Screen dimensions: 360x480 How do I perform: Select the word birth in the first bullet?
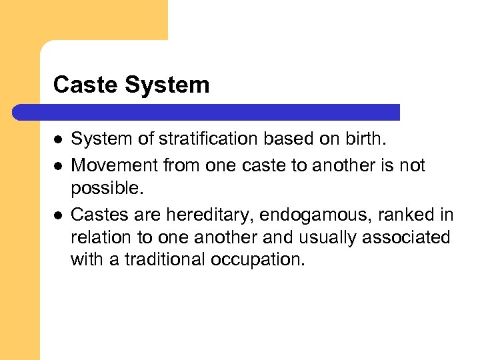coord(368,139)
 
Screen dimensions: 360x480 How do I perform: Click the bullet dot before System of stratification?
coord(58,139)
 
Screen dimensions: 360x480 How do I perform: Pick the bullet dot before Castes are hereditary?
coord(58,215)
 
